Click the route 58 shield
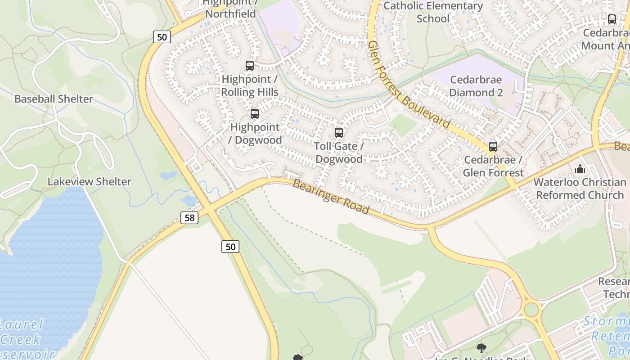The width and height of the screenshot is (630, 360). [x=189, y=218]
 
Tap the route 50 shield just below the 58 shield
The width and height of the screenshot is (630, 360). [x=230, y=246]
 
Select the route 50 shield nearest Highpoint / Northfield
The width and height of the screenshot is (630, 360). [x=162, y=37]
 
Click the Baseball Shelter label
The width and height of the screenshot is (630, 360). [x=54, y=99]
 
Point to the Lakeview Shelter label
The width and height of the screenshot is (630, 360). [x=90, y=182]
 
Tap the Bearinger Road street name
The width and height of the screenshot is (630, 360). [x=331, y=197]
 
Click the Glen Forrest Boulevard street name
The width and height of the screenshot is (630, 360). [x=408, y=84]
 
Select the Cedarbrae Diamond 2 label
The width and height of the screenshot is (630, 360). [x=476, y=86]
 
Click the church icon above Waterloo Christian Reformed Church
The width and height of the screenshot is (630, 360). [x=580, y=169]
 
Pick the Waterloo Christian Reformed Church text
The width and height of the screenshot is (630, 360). [x=580, y=189]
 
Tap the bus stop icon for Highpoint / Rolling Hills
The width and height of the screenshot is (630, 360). [x=250, y=66]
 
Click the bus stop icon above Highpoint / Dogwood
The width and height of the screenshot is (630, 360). [x=255, y=113]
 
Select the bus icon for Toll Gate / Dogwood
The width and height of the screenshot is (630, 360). [x=339, y=133]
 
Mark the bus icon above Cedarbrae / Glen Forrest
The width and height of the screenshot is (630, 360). [x=493, y=146]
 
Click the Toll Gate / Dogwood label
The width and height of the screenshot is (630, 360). [x=338, y=153]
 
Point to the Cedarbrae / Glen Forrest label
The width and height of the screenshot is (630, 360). [x=493, y=166]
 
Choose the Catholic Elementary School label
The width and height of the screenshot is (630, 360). [x=433, y=12]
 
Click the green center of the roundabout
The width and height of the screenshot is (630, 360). [x=531, y=310]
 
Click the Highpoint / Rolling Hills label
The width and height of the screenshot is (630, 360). [x=250, y=85]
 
